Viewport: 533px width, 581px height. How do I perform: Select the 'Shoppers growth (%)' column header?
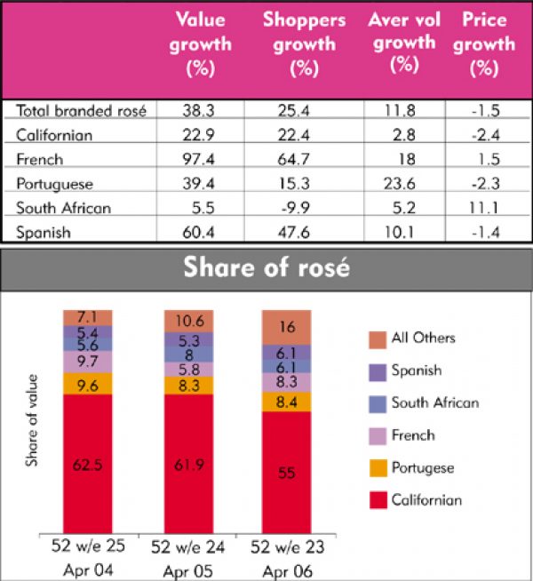pos(304,44)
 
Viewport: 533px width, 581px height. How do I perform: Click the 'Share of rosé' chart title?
pos(266,268)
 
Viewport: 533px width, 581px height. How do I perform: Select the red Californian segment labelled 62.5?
pos(87,462)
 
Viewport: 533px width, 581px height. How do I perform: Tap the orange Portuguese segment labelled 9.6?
pos(87,383)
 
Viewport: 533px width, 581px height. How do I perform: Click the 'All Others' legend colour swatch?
pos(375,338)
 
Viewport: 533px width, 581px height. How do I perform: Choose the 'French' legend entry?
pos(413,434)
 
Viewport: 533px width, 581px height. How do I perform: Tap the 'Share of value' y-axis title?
pos(33,431)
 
